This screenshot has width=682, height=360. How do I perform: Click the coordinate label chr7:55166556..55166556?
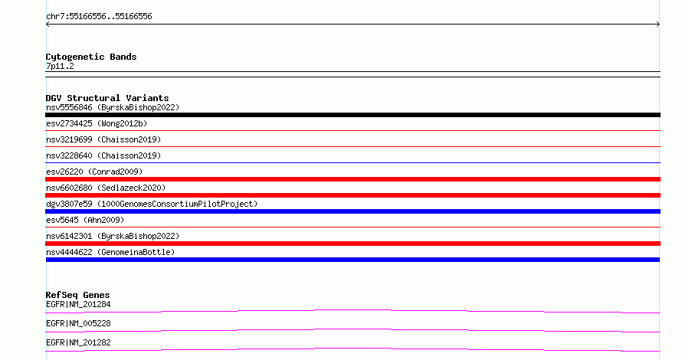pos(99,17)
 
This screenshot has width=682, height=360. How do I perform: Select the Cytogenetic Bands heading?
pos(91,57)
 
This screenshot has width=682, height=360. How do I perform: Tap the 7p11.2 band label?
pos(60,66)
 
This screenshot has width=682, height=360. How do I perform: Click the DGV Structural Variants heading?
pos(107,98)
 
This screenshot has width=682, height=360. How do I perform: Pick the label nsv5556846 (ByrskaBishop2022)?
pos(113,107)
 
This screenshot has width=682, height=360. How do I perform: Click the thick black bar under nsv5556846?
pos(352,115)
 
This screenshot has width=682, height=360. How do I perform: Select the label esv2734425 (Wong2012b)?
pos(97,123)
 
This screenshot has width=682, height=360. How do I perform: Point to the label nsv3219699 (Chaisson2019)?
pos(103,139)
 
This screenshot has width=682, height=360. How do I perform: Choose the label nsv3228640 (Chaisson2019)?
pos(103,155)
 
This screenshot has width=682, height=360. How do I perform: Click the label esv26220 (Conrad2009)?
pos(94,172)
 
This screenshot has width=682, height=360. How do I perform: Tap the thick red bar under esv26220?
pos(352,179)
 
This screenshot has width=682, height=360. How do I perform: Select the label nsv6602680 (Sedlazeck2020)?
pos(106,188)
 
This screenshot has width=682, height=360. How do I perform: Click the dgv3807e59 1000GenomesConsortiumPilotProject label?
pos(152,204)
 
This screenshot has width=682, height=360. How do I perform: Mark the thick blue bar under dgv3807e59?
pos(352,211)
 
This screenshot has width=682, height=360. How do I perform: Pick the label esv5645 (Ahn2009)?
pos(85,220)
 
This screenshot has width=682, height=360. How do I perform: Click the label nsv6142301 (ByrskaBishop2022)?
pos(113,236)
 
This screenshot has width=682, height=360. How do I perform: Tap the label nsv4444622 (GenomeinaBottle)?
pos(110,252)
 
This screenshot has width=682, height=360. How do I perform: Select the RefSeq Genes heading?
pos(77,295)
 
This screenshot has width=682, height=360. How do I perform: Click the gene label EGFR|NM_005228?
pos(78,323)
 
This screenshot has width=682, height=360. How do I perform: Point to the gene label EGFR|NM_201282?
pos(78,342)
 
